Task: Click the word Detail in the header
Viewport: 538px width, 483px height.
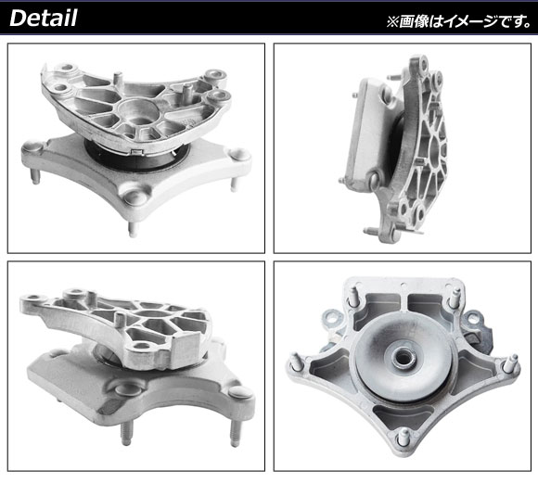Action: (x=44, y=18)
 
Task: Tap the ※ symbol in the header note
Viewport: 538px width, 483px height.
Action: (x=392, y=21)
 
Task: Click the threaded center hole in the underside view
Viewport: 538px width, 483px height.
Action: (x=403, y=360)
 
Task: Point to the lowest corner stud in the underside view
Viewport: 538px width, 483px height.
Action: (x=403, y=438)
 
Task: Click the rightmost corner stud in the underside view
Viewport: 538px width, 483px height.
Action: (x=512, y=362)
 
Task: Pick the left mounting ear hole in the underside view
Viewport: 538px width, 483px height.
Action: (x=332, y=319)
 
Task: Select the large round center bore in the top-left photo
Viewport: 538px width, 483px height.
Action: (x=138, y=112)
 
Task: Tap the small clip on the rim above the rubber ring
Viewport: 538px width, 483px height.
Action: (x=138, y=151)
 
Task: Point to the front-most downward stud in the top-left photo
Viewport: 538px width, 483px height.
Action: (x=133, y=229)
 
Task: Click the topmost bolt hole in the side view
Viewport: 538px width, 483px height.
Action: (x=423, y=64)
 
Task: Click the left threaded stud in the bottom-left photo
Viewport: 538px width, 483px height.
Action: (x=126, y=433)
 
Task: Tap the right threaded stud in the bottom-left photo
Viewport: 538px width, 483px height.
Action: (x=235, y=433)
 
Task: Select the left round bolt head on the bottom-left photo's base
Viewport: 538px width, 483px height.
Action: (x=127, y=389)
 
